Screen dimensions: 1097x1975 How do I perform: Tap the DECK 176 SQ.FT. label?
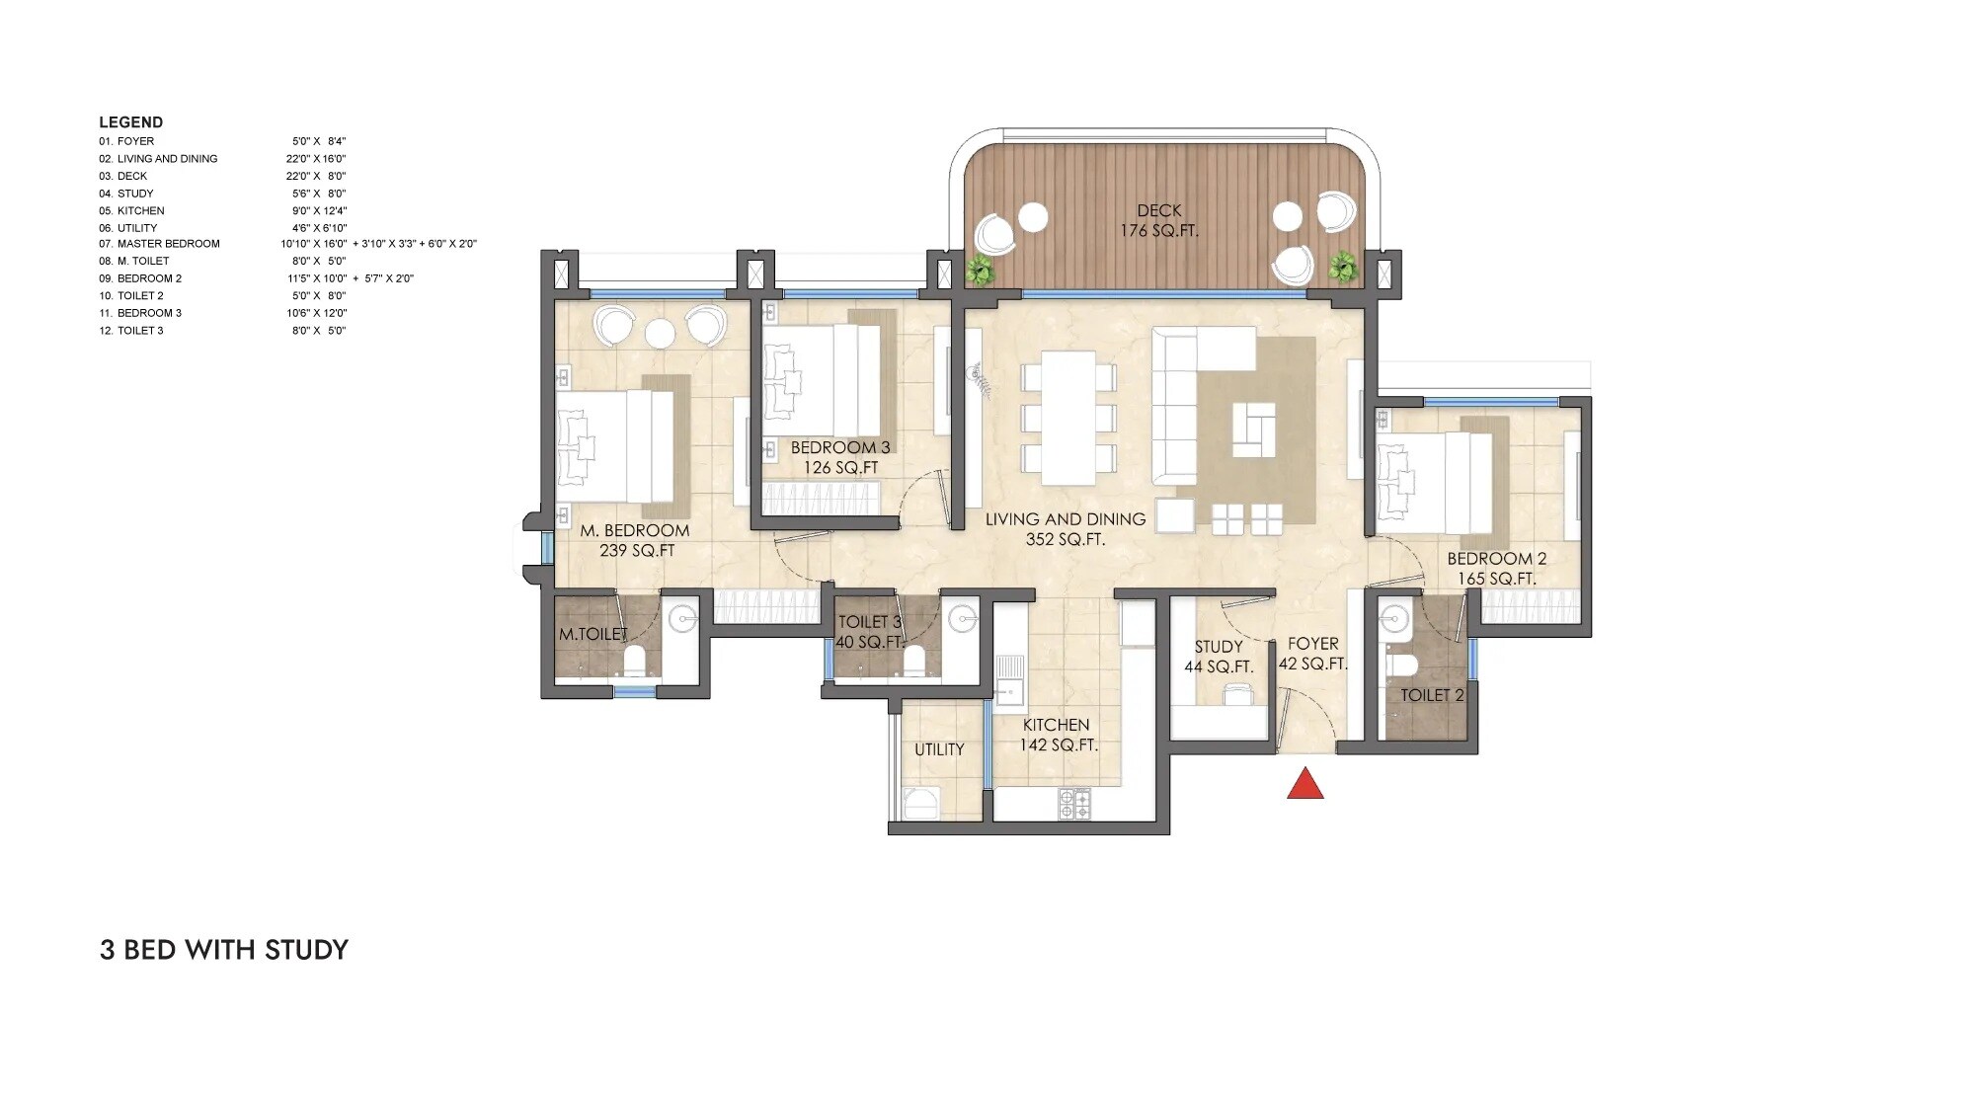(1158, 220)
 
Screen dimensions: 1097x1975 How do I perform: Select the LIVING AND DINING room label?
(1065, 529)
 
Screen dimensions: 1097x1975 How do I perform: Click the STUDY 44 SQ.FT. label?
(1219, 657)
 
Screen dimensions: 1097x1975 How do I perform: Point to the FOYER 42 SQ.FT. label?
(1312, 654)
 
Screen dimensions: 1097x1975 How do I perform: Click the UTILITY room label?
(938, 749)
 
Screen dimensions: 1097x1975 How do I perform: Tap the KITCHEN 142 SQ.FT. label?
(1057, 735)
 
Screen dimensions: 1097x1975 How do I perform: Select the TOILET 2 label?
(1431, 695)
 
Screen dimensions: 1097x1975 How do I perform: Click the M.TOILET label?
(592, 634)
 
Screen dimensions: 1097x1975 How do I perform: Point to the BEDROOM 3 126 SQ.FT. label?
(840, 457)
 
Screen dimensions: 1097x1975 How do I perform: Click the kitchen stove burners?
(1074, 805)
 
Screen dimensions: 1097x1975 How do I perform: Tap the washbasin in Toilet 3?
(962, 619)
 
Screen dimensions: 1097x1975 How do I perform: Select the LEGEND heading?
(130, 122)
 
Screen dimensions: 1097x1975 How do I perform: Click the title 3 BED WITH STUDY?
(224, 950)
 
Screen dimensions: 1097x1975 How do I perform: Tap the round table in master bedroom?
(660, 334)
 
